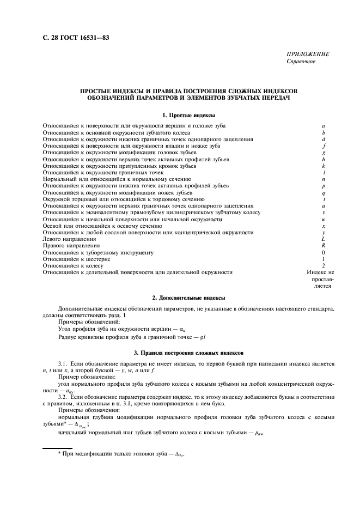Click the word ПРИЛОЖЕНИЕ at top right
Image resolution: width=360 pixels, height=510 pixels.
[308, 54]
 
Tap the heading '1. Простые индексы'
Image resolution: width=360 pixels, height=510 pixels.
[188, 115]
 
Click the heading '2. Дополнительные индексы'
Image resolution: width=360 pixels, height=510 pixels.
[188, 298]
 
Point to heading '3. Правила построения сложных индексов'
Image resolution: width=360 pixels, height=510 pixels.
[188, 353]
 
